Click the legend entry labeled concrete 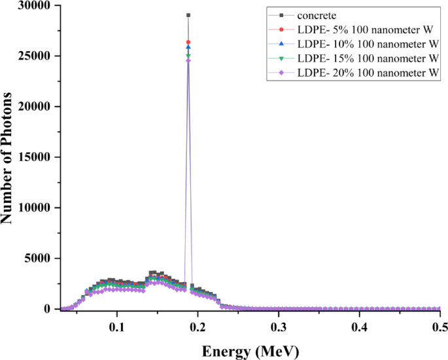(317, 14)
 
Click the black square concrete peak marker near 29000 (188, 15)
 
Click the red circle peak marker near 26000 (188, 42)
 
